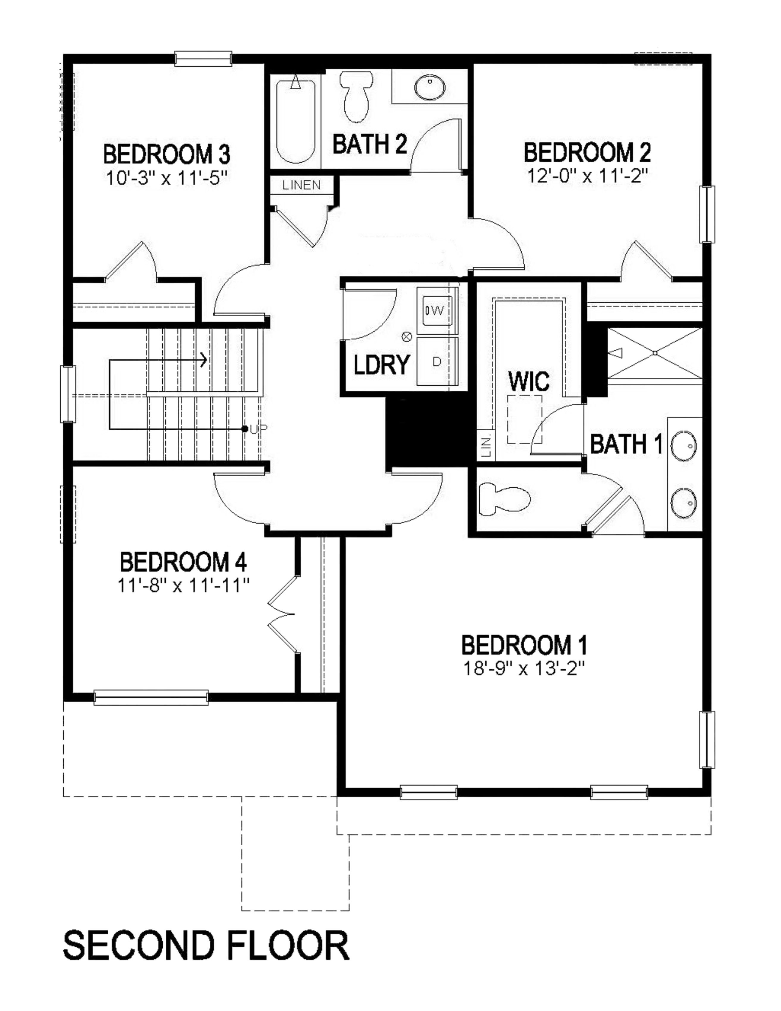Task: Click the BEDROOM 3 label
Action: (x=166, y=155)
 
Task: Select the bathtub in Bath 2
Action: (x=295, y=121)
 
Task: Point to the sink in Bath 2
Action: (x=430, y=87)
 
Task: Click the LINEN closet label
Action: (x=301, y=185)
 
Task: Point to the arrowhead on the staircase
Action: (x=204, y=359)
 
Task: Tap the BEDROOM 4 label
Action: (x=183, y=562)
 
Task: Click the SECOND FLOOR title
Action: (x=206, y=945)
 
